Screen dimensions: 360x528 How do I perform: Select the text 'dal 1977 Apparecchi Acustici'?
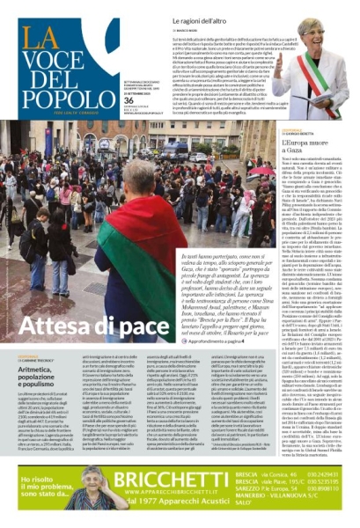tap(180, 506)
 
